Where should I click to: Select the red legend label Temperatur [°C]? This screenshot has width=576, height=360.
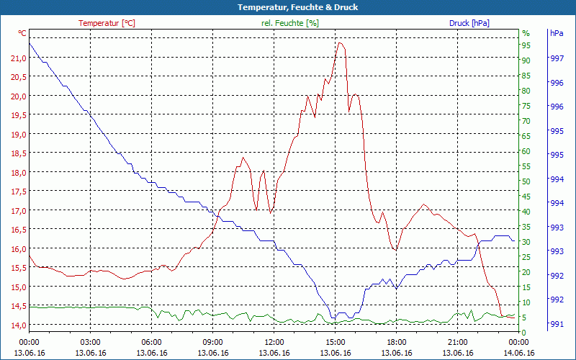coord(107,23)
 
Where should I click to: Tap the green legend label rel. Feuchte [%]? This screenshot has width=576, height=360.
coord(290,23)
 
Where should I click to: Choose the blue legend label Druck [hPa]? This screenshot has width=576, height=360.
coord(469,23)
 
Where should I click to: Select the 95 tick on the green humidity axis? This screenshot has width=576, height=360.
coord(526,45)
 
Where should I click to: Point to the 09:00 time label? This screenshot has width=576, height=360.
coord(213,342)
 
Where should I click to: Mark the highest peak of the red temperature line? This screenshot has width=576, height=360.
coord(340,42)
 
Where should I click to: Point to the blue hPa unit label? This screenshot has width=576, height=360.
coord(557,33)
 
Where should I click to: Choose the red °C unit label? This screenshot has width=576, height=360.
coord(22,33)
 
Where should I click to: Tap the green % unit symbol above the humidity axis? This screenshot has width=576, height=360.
coord(526,33)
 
